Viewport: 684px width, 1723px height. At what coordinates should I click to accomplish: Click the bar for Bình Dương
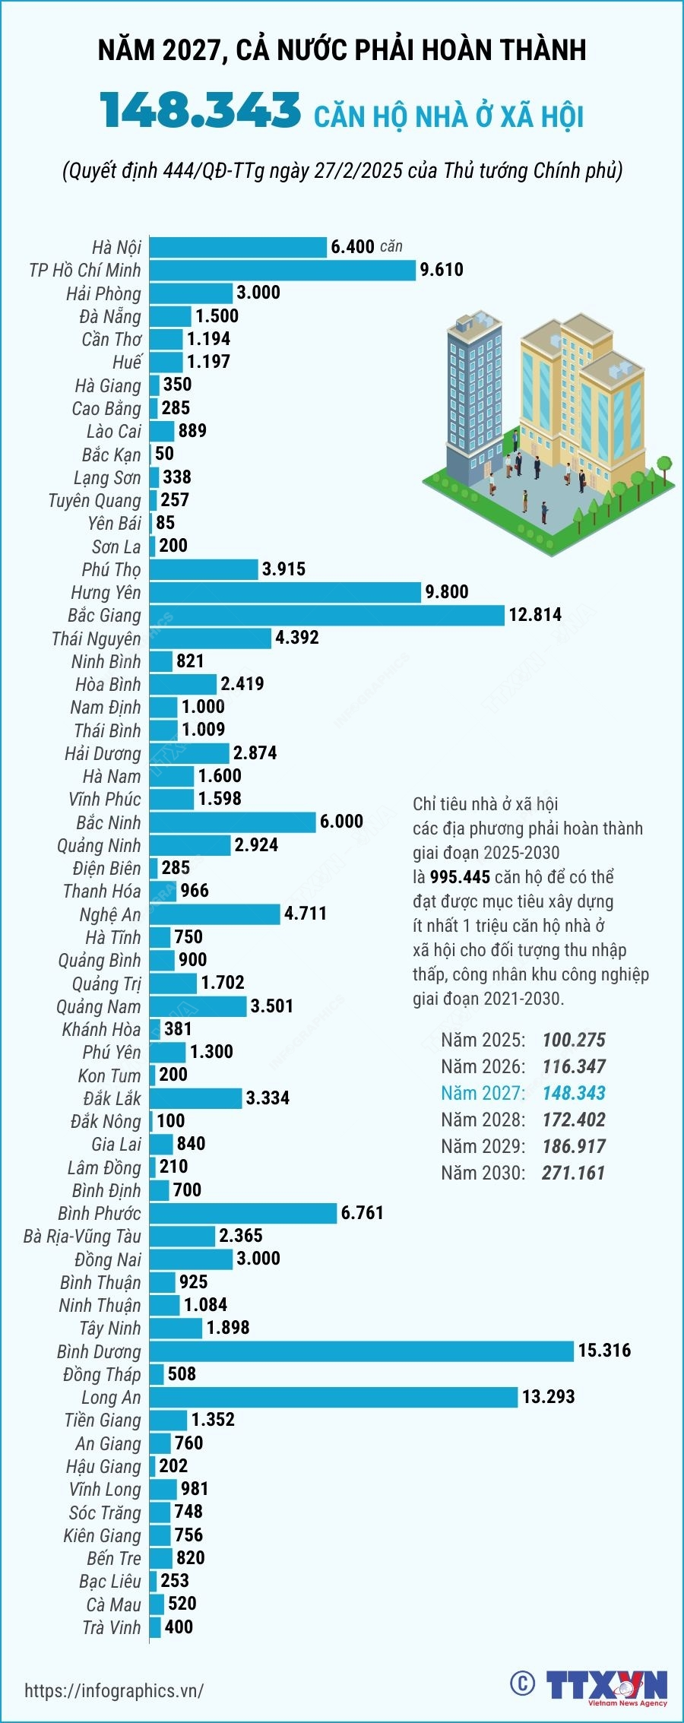[x=361, y=1351]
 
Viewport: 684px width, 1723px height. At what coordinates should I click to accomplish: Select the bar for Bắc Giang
[x=327, y=615]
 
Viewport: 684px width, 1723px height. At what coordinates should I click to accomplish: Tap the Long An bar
[x=334, y=1397]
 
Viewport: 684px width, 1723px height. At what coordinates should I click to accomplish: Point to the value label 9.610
[x=442, y=270]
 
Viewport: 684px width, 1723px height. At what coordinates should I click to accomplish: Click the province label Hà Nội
[x=116, y=248]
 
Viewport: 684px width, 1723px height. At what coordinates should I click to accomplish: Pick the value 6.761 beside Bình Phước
[x=363, y=1213]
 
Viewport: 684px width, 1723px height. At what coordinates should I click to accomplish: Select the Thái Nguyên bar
[x=211, y=638]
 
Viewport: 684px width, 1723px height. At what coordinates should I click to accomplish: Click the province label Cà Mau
[x=113, y=1604]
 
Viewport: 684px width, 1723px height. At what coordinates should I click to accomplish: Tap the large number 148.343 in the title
[x=201, y=111]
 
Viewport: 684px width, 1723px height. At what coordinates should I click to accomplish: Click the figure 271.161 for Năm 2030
[x=573, y=1173]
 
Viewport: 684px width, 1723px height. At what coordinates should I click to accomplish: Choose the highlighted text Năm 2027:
[x=483, y=1093]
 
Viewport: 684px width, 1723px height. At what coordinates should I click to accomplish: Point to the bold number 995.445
[x=460, y=877]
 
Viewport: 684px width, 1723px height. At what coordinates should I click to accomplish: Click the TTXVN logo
[x=606, y=1685]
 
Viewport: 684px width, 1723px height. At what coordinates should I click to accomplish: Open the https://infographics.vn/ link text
[x=114, y=1690]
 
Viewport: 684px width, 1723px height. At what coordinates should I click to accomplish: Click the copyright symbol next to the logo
[x=522, y=1683]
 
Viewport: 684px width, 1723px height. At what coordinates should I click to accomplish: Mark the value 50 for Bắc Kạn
[x=164, y=454]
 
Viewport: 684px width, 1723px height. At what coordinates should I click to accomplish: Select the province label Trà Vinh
[x=112, y=1627]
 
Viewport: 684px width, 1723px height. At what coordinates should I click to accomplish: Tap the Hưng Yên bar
[x=285, y=592]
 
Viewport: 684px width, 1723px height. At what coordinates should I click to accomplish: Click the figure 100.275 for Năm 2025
[x=574, y=1040]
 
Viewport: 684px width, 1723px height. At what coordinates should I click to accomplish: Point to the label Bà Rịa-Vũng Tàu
[x=82, y=1237]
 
